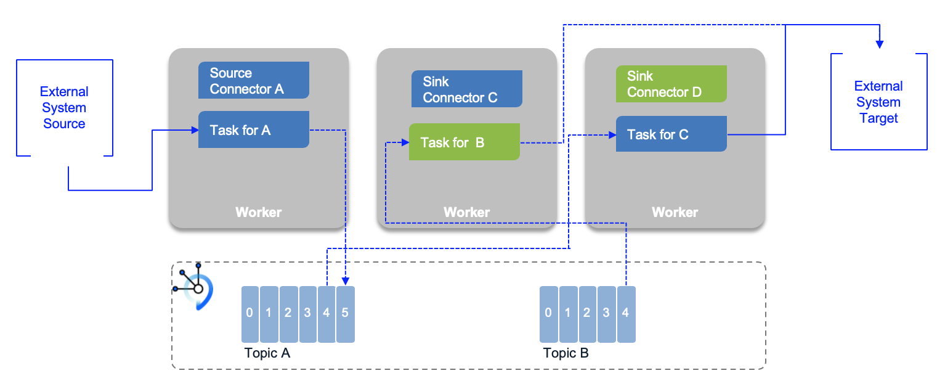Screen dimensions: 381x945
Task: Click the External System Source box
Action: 64,108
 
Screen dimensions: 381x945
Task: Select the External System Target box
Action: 878,102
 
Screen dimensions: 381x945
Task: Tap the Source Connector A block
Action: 253,81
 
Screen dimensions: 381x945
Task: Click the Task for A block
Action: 253,130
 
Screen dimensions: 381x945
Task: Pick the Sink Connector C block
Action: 466,89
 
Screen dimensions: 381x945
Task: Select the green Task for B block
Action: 464,142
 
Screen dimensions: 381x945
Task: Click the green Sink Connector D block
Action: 671,84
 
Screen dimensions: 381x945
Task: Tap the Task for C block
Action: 671,134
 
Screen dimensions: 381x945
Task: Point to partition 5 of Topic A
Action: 345,314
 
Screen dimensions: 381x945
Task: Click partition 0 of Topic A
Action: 249,314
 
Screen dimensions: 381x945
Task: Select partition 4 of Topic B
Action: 625,314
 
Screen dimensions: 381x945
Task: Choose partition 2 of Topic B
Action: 587,314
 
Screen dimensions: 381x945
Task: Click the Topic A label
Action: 267,354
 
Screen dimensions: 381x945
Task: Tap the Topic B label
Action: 566,354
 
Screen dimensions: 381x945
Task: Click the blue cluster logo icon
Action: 195,285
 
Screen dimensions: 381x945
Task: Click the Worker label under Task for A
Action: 258,213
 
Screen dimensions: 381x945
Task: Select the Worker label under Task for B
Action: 466,213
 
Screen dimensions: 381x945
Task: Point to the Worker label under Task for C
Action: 675,213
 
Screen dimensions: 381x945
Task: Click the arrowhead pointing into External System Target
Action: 880,44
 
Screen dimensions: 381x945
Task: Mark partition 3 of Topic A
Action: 307,314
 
